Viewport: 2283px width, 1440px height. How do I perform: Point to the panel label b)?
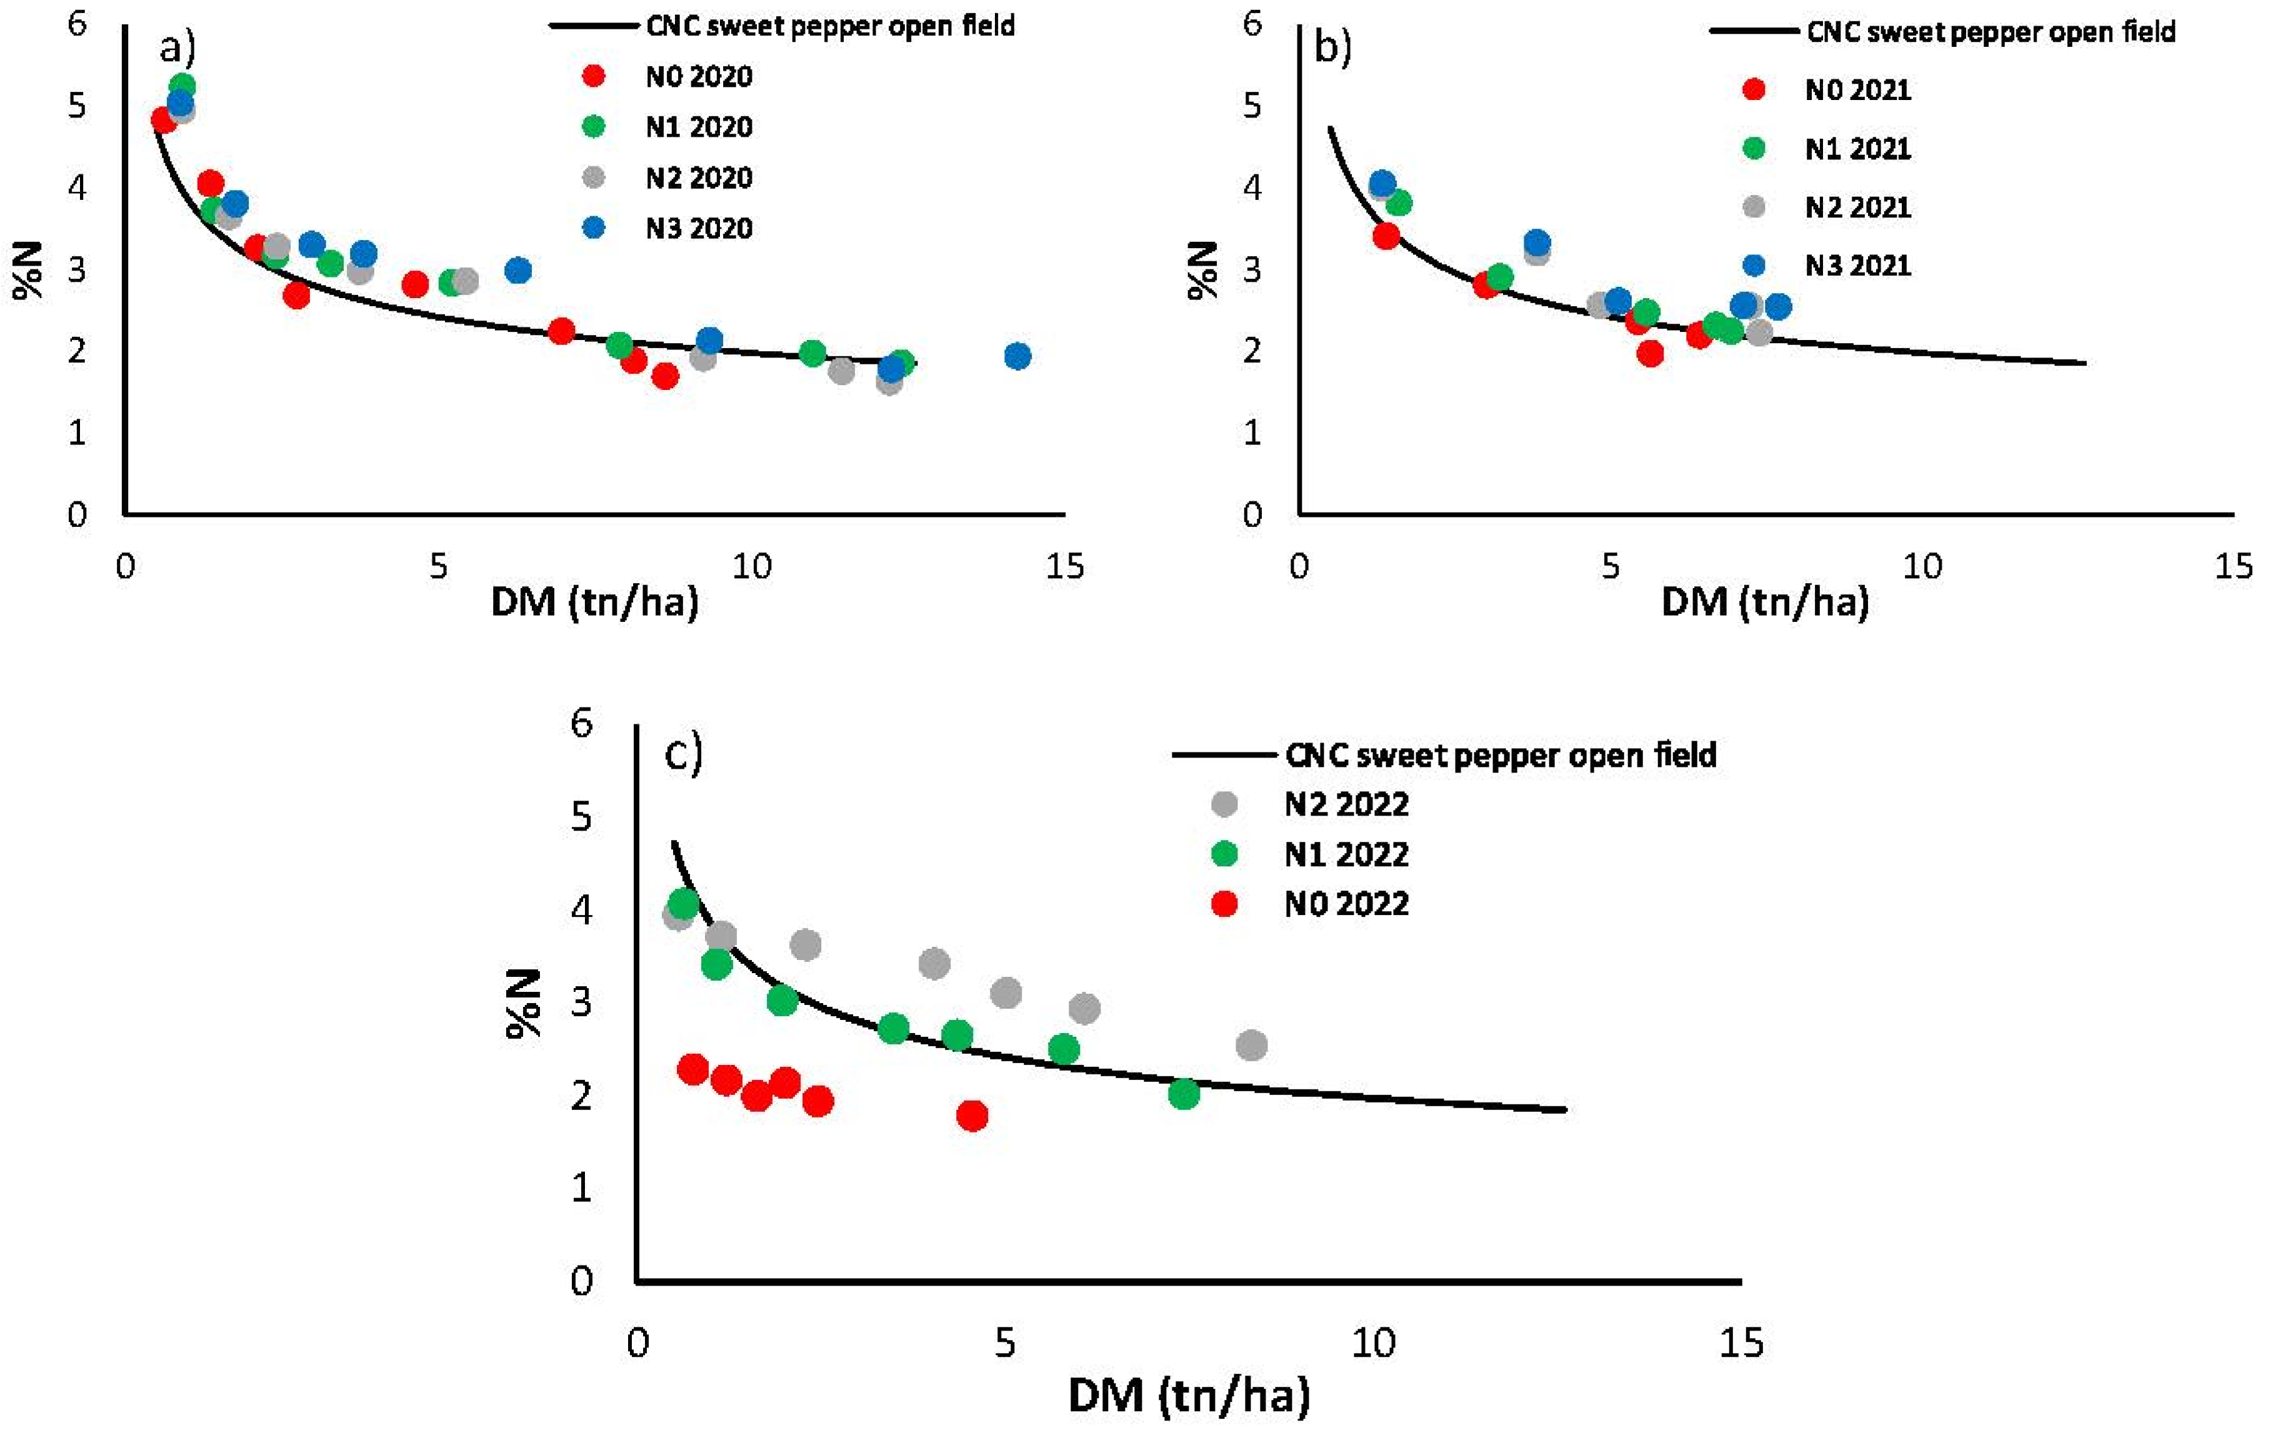tap(1332, 46)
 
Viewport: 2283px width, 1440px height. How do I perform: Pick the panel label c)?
tap(682, 754)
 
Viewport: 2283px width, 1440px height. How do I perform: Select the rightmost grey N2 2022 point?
tap(1251, 1046)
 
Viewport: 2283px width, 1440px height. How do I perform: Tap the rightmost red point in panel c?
tap(972, 1116)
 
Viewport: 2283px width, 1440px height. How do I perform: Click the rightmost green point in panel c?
tap(1183, 1094)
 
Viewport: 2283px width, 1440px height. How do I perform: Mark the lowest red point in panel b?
tap(1650, 354)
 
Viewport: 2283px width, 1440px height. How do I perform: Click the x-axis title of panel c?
tap(1189, 1396)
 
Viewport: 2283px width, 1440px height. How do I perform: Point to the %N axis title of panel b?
tap(1203, 270)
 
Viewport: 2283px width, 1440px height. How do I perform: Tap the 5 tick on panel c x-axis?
tap(1005, 1343)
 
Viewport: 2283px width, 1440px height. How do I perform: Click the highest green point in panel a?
tap(182, 86)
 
